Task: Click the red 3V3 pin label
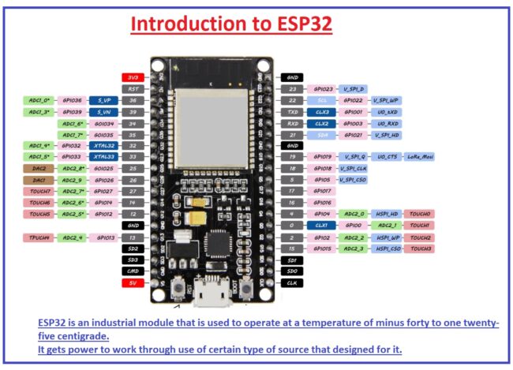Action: (x=133, y=77)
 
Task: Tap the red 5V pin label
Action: (x=133, y=282)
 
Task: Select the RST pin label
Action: (x=133, y=89)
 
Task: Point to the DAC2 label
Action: (x=39, y=169)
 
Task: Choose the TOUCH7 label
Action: (x=39, y=192)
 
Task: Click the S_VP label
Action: (x=103, y=100)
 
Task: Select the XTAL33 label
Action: (x=103, y=157)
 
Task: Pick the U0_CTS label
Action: (x=387, y=157)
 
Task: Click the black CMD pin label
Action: (x=133, y=271)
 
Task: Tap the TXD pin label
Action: (x=292, y=112)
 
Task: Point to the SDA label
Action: (x=321, y=135)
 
